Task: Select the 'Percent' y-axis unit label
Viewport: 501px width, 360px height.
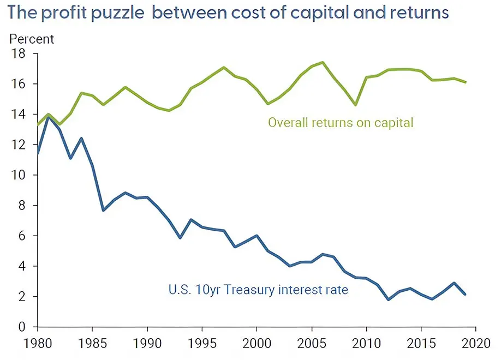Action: coord(32,39)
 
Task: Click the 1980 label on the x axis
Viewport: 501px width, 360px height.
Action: coord(37,346)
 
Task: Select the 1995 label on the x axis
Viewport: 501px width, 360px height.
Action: coord(202,346)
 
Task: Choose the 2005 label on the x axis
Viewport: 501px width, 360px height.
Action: coord(312,346)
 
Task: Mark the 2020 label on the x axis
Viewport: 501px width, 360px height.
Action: coord(476,346)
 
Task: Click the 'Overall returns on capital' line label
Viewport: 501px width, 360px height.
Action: coord(341,123)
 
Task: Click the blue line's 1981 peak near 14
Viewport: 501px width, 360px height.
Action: coord(49,117)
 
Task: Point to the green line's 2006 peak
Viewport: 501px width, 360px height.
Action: coord(323,62)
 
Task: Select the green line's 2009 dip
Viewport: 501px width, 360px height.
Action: coord(356,105)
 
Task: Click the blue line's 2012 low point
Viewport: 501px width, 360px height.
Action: coord(389,299)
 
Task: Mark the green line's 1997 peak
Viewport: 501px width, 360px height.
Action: coord(224,67)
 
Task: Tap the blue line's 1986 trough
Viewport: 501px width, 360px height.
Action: coord(103,210)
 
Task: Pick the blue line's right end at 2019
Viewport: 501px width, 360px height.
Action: coord(465,295)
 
